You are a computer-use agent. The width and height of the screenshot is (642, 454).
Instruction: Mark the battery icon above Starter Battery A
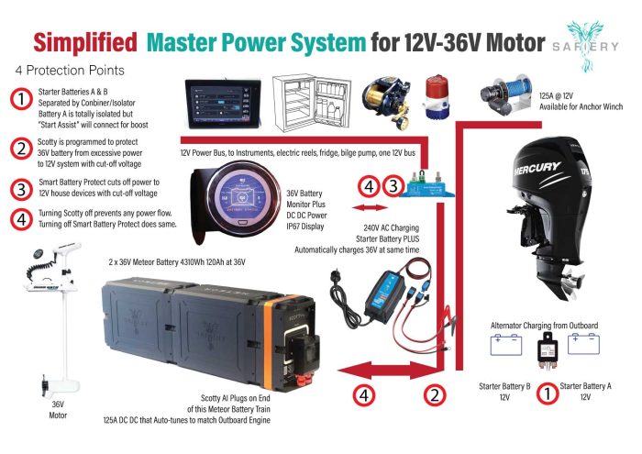click(x=584, y=344)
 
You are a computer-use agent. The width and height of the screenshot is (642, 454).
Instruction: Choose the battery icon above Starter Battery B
click(x=506, y=344)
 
